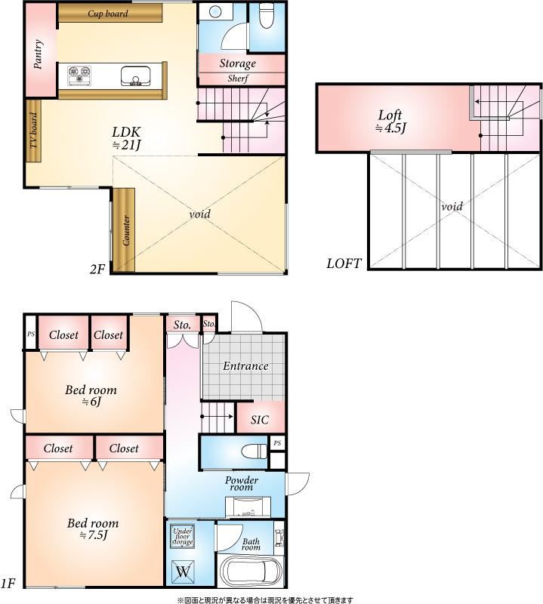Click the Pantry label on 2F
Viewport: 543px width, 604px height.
click(x=38, y=54)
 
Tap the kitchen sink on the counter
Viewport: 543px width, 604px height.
click(x=135, y=76)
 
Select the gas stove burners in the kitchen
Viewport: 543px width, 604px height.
click(x=79, y=75)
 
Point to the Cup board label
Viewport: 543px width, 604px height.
click(x=108, y=14)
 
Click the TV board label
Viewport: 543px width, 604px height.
click(x=34, y=130)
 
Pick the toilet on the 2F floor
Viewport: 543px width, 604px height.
click(x=266, y=15)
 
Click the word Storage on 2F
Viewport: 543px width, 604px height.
click(x=238, y=63)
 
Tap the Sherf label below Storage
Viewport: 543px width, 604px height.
click(x=238, y=79)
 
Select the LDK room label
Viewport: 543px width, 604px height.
click(x=126, y=138)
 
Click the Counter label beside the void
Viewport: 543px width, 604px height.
click(x=125, y=230)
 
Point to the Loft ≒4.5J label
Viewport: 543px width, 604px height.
click(x=390, y=121)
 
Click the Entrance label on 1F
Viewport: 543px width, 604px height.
click(x=245, y=365)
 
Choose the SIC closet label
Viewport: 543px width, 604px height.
click(x=260, y=420)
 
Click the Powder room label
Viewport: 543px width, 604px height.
click(x=242, y=483)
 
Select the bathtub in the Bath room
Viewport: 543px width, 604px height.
click(x=251, y=571)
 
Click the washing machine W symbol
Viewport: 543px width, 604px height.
click(x=183, y=572)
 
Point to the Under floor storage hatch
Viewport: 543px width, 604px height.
click(x=182, y=536)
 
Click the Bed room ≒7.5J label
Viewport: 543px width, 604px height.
click(x=93, y=529)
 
